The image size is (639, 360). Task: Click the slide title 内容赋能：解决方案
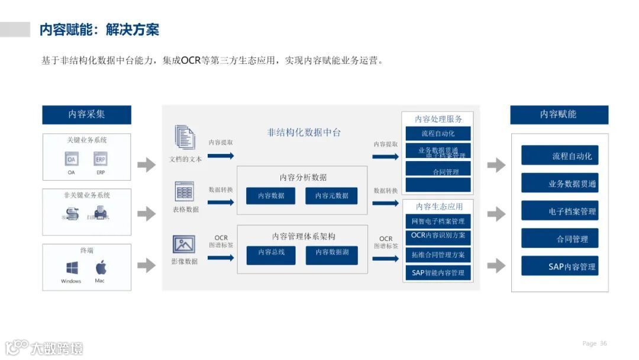click(x=99, y=30)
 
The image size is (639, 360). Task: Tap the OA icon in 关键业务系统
click(x=72, y=159)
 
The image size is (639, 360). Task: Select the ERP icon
click(x=101, y=159)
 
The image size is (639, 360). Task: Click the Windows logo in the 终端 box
click(x=72, y=268)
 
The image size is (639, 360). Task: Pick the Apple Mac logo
click(x=101, y=267)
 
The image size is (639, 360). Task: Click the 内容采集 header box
click(x=86, y=114)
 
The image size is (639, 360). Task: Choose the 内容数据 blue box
click(x=270, y=195)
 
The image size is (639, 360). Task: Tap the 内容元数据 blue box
click(x=331, y=195)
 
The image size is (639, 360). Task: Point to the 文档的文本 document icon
click(x=185, y=137)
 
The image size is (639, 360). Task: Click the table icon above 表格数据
click(x=185, y=191)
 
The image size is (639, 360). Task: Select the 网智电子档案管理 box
click(x=438, y=221)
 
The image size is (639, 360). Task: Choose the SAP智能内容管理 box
click(x=438, y=273)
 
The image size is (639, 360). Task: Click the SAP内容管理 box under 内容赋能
click(x=560, y=266)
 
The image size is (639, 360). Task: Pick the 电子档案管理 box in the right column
click(x=560, y=211)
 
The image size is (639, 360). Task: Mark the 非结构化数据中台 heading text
click(x=304, y=133)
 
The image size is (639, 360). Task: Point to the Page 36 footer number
click(x=595, y=343)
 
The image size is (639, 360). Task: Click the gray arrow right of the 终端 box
click(x=146, y=266)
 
